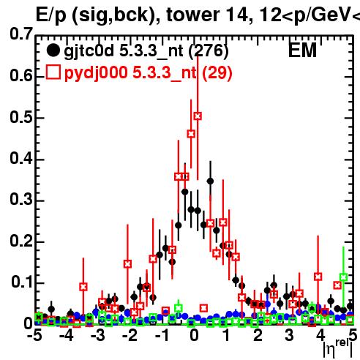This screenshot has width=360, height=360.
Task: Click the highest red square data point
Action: pos(198,116)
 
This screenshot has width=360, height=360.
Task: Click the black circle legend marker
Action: pos(53,50)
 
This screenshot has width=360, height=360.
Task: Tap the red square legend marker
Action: pos(53,72)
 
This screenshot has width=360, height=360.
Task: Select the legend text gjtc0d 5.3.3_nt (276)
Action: pos(146,51)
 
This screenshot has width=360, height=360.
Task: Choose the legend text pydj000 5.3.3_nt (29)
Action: pos(148,72)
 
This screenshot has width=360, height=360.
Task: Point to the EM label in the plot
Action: pos(302,50)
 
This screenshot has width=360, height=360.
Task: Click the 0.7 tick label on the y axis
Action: pos(21,34)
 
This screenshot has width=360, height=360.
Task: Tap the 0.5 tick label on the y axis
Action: pos(21,117)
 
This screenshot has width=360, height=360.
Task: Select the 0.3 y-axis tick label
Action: pos(21,199)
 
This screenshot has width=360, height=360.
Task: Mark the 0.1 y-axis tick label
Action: pos(21,282)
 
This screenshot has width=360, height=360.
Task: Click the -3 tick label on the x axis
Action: pos(98,335)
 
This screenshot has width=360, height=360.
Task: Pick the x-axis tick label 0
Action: pos(194,335)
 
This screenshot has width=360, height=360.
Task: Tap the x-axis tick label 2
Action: pos(258,335)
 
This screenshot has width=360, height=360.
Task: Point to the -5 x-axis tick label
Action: pos(34,335)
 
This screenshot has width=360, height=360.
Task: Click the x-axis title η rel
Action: pos(338,348)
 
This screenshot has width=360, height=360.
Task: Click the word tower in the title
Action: pos(193,15)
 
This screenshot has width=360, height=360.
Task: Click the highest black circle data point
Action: pos(210,181)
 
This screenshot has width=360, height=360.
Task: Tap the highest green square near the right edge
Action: pos(343,277)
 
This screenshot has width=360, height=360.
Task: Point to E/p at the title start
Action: pos(51,16)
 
